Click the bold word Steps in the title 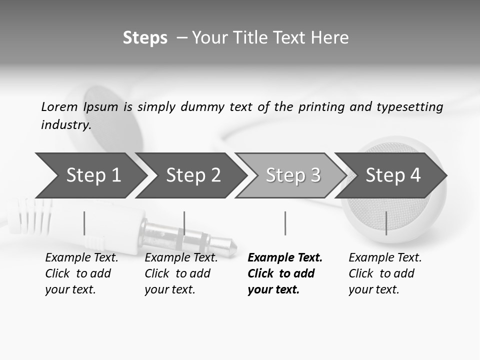pos(145,38)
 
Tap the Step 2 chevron pos(193,175)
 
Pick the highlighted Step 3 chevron pos(293,175)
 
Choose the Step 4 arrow pos(393,175)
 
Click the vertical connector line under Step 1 pos(84,223)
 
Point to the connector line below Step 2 pos(184,223)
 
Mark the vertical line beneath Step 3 pos(285,223)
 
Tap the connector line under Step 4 pos(386,223)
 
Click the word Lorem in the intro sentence pos(59,106)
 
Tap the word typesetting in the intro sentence pos(409,107)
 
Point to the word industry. pos(66,125)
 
